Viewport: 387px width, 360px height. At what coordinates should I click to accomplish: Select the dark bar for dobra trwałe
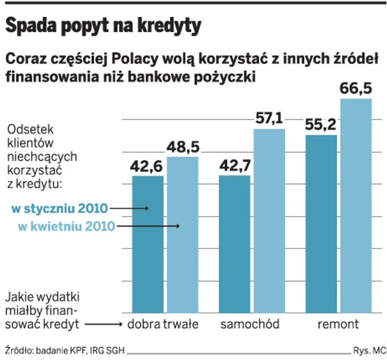pos(148,245)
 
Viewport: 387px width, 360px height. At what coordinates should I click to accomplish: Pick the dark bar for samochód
pos(235,245)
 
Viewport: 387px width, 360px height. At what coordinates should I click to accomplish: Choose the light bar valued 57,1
pos(269,221)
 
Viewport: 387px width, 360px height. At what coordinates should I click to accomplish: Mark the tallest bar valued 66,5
pos(356,207)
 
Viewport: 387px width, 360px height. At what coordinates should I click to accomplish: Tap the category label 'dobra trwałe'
pos(163,324)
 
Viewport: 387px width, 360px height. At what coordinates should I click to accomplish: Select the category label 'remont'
pos(338,324)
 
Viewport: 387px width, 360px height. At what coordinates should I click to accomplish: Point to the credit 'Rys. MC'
pos(369,350)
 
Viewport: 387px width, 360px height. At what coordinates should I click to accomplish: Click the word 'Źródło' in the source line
pos(17,350)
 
